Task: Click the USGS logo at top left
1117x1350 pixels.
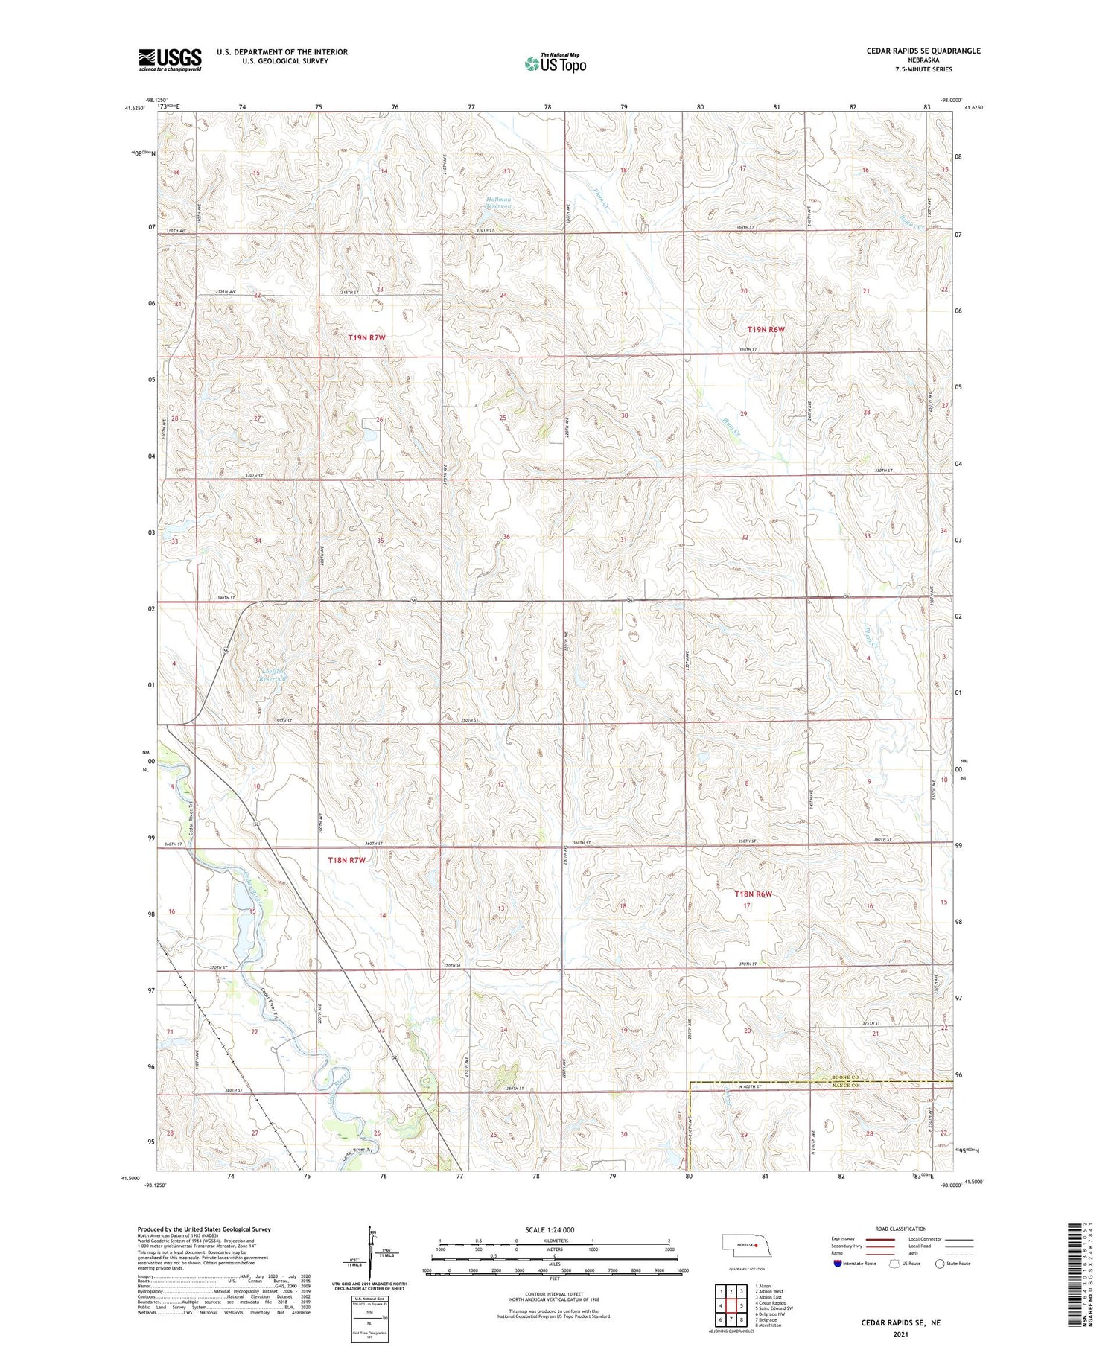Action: click(170, 60)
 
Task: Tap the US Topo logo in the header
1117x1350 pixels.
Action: click(556, 64)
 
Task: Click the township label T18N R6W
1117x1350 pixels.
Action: click(754, 894)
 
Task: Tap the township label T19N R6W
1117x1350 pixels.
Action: click(766, 329)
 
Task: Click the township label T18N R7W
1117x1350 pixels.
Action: click(347, 860)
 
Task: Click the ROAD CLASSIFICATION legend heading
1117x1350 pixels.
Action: click(901, 1229)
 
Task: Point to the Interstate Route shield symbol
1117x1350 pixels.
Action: click(838, 1264)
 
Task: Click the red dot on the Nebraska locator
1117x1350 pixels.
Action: click(756, 1245)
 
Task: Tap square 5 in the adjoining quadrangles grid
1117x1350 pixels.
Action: click(742, 1305)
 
